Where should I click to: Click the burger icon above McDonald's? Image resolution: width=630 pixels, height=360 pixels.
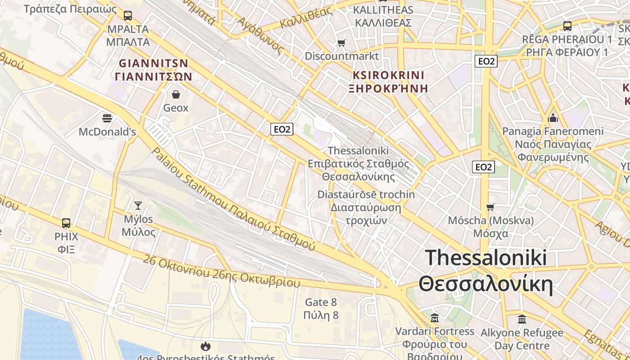(107, 118)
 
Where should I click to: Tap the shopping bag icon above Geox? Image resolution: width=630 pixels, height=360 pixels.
(175, 94)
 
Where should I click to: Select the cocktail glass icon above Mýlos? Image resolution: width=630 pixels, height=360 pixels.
(138, 206)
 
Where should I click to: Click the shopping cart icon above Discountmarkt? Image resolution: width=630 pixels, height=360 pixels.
(342, 43)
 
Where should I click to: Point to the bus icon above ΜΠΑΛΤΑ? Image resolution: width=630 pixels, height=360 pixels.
(128, 16)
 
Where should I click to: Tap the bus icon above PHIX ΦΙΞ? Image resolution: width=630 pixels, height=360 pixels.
(66, 223)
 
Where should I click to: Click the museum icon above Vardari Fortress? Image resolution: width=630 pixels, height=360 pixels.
(435, 318)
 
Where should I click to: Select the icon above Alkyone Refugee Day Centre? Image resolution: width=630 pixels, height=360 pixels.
(522, 319)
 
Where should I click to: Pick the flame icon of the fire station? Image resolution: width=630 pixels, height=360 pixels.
(206, 346)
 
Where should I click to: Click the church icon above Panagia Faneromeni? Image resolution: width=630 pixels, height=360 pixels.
(553, 118)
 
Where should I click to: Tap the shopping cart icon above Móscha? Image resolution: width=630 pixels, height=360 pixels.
(490, 207)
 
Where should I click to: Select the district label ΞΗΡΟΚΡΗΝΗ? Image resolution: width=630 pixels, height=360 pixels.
(388, 88)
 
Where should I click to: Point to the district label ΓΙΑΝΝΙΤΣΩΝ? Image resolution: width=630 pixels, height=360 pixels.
(153, 76)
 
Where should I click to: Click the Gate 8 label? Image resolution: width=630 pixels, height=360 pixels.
(321, 302)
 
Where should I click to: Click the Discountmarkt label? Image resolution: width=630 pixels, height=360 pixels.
(342, 56)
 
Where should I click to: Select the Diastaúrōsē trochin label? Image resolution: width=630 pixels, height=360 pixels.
(366, 195)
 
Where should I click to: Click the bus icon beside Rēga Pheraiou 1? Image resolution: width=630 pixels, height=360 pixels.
(567, 26)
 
